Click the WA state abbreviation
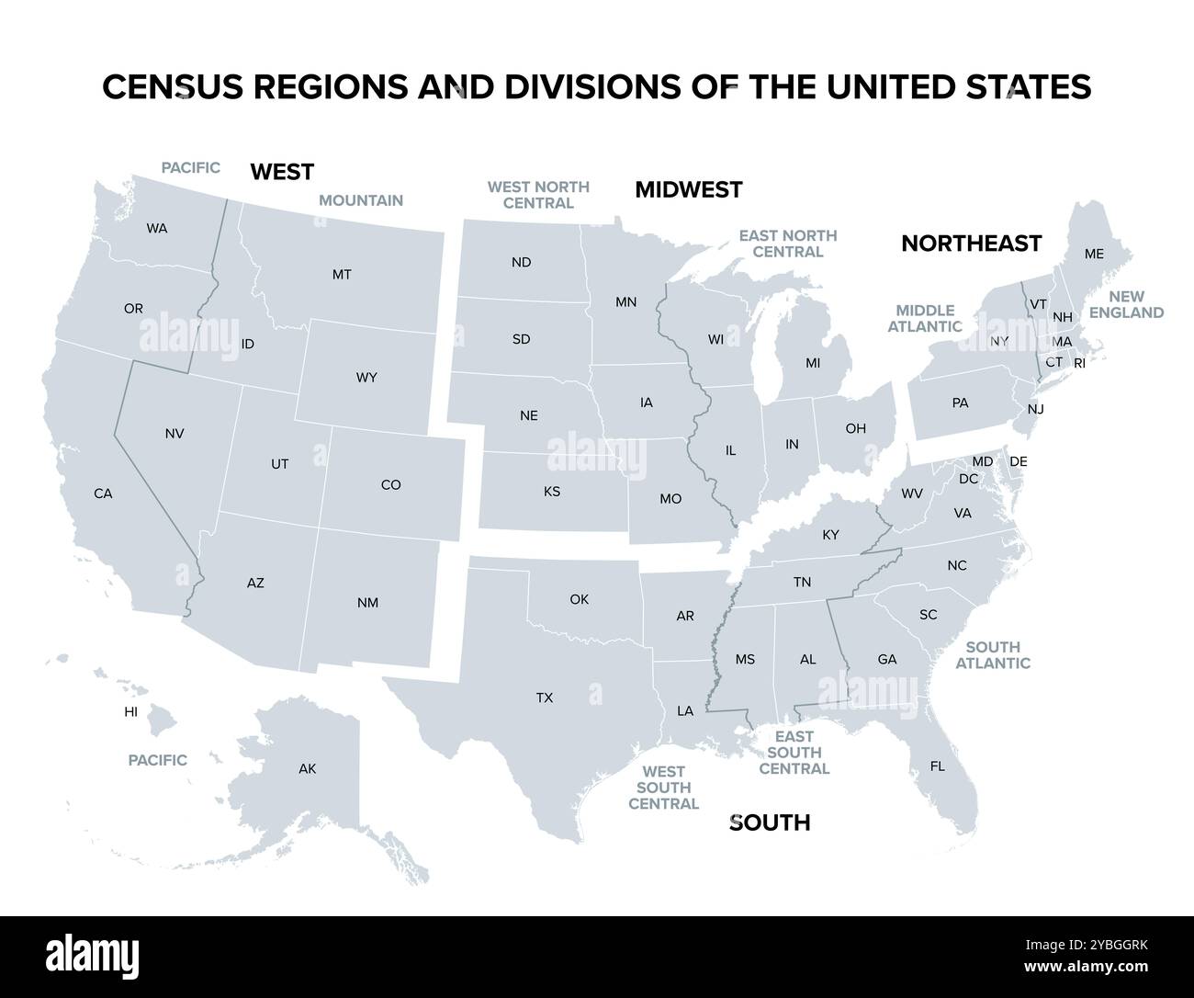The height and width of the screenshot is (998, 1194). coord(157,228)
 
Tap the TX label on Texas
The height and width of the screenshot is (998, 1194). coord(545,697)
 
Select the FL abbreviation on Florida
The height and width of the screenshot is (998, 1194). coord(937,766)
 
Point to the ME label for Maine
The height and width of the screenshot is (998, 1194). coord(1094,254)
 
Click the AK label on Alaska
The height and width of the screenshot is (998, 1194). coord(307,768)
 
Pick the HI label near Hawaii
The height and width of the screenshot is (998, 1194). coord(131,711)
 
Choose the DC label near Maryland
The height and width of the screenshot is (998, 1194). coord(968,479)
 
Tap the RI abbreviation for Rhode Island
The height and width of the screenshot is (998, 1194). coord(1079,363)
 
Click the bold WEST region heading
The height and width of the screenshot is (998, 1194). coord(282,172)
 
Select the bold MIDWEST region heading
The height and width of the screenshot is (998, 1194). coord(689,190)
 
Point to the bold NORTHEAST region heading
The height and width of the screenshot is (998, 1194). coord(971,244)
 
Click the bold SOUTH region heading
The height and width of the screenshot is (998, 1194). coord(770,822)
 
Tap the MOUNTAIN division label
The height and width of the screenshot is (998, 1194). coord(361,200)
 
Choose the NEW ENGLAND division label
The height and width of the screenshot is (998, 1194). coord(1127,304)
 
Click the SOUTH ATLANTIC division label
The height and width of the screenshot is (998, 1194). coord(993,655)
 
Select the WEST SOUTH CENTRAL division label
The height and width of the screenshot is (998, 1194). coord(663,788)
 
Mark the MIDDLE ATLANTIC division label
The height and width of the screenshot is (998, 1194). coord(926,318)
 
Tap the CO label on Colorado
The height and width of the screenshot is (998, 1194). coord(390,484)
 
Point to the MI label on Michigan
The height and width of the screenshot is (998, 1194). coord(813,363)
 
